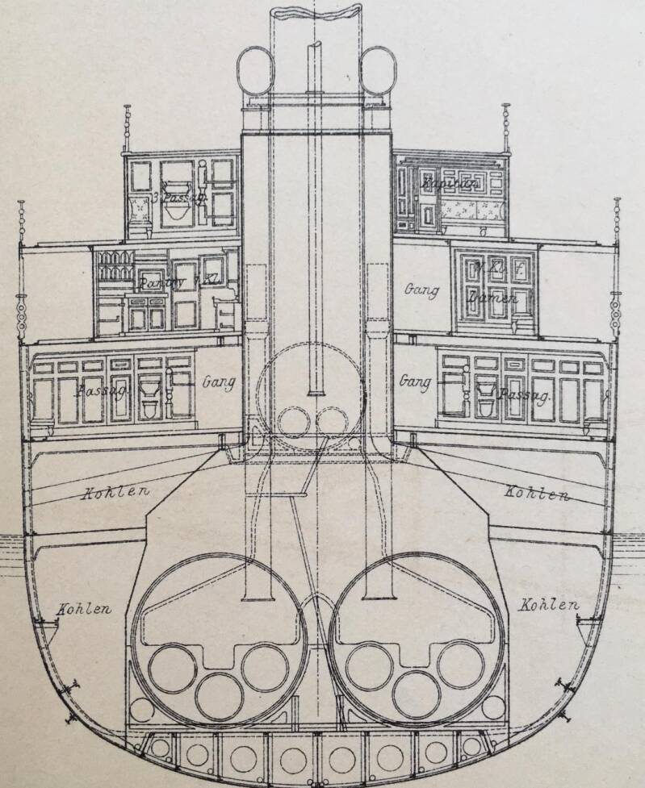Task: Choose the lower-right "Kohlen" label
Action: click(x=549, y=605)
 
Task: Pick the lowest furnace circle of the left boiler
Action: click(x=218, y=696)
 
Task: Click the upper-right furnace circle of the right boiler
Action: click(x=460, y=664)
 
